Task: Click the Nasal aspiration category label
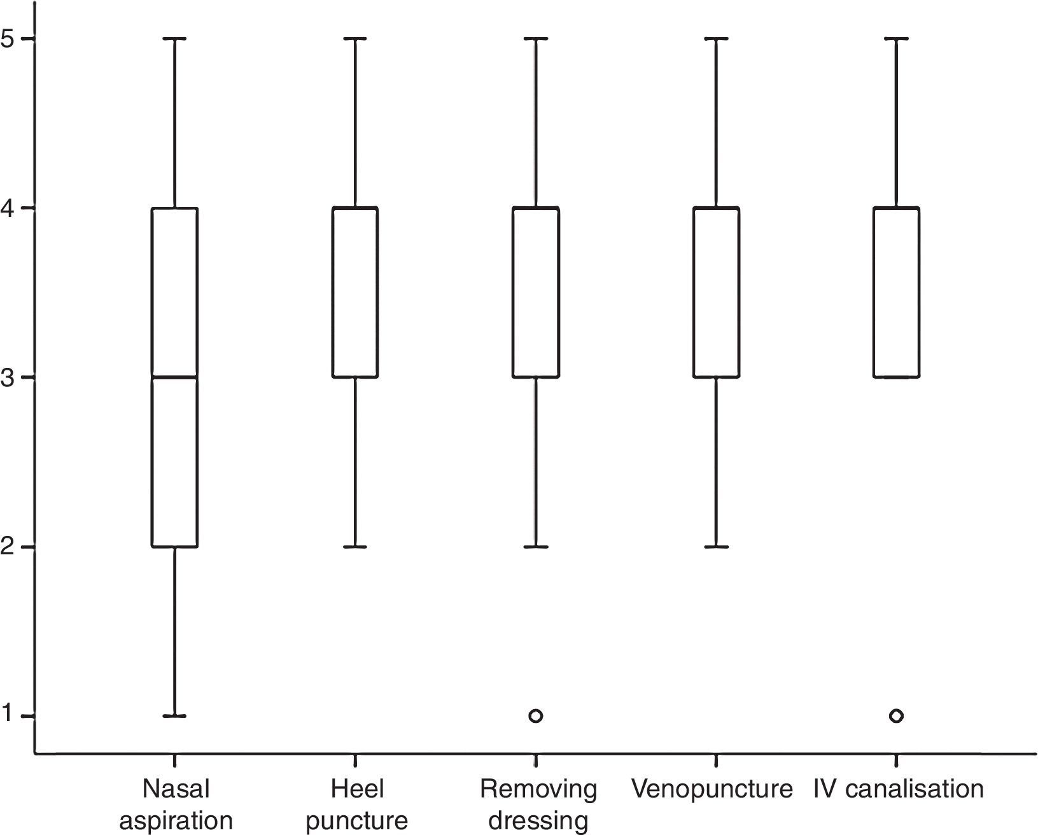(x=176, y=804)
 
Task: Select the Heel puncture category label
(x=356, y=804)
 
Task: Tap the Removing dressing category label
(x=538, y=804)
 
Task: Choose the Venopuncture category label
(x=712, y=789)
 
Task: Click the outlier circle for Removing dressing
(x=536, y=716)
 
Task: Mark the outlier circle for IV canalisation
(x=896, y=716)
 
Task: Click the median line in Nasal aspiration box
(x=174, y=377)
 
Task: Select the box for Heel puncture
(x=355, y=293)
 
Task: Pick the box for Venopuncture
(x=716, y=293)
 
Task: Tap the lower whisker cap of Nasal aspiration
(x=174, y=716)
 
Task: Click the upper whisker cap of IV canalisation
(x=896, y=38)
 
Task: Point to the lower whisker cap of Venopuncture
(x=716, y=547)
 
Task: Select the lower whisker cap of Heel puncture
(x=355, y=547)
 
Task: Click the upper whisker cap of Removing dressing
(x=536, y=38)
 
